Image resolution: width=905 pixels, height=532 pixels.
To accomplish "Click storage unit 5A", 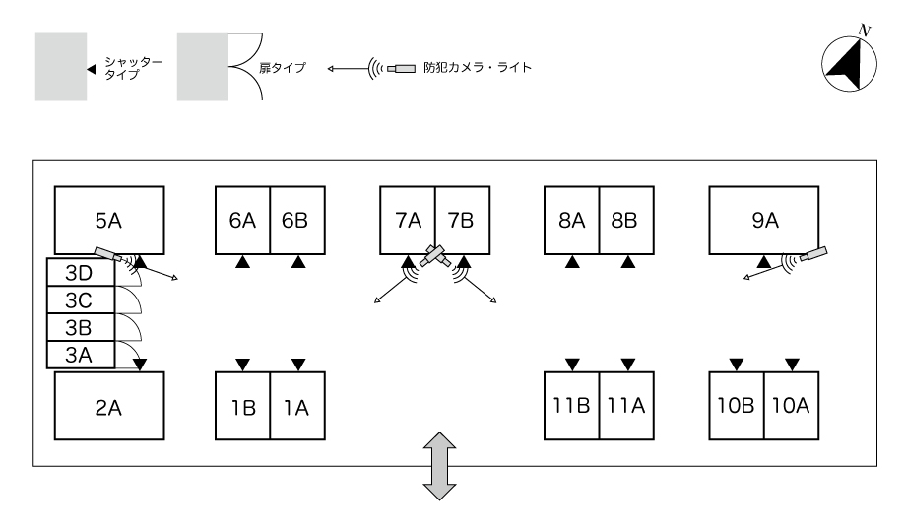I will click(107, 219).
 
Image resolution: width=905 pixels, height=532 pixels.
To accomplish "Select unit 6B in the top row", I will click(295, 219).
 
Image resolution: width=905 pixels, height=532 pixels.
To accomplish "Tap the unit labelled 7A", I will click(408, 219).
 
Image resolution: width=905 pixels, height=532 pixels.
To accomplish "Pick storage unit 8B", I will click(625, 219).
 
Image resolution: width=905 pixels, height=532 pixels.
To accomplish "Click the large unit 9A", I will click(764, 219).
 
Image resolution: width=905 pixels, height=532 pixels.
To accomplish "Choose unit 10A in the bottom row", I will click(791, 405).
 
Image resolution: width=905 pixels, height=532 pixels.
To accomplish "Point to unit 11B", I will click(571, 405).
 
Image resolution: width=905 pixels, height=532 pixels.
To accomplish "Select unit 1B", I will click(242, 405).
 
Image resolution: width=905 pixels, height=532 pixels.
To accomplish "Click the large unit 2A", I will click(107, 405).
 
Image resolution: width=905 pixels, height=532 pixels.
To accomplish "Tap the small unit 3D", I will click(81, 272).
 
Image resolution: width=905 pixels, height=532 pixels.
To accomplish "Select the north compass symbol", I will click(850, 61).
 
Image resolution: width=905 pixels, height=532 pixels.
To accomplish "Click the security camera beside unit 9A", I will click(813, 255).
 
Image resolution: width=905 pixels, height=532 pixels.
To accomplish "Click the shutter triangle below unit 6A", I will click(242, 262).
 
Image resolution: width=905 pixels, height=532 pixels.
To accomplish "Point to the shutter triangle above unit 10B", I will click(736, 366).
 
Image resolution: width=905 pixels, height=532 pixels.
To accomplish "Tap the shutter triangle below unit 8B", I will click(626, 262).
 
